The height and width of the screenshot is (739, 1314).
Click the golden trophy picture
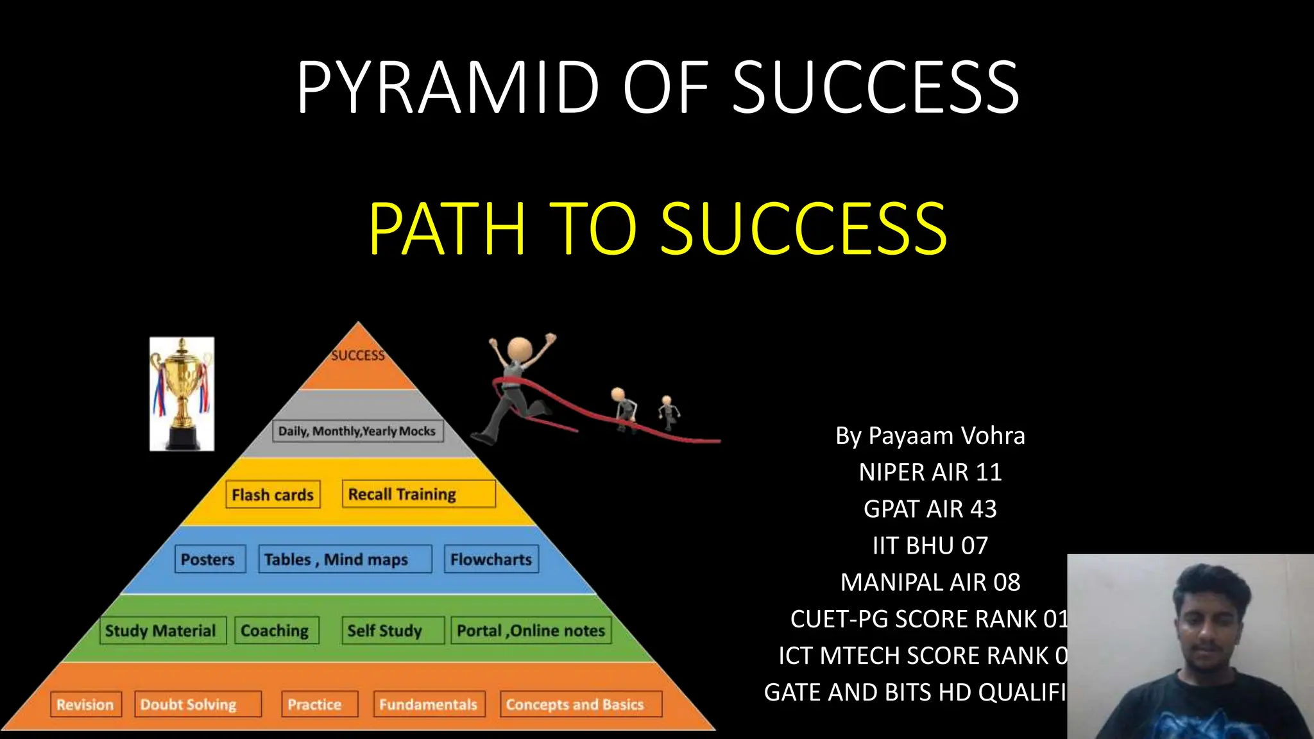coord(182,393)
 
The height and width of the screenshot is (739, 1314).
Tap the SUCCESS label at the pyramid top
coord(357,355)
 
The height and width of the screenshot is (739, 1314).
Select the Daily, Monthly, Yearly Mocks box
coord(357,431)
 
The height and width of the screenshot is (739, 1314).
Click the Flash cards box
coord(273,495)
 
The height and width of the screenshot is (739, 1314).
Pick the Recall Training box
coord(418,494)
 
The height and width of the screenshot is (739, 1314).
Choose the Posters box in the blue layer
coord(209,559)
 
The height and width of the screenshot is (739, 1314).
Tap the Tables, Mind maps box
coord(345,559)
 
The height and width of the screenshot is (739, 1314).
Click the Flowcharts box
coord(491,559)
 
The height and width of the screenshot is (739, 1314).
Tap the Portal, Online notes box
coord(531,631)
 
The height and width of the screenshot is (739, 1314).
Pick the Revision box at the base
coord(85,704)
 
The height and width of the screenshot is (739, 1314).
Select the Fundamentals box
coord(429,704)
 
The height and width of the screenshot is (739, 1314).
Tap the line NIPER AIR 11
coord(930,472)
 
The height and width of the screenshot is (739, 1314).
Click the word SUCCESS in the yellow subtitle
coord(803,228)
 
